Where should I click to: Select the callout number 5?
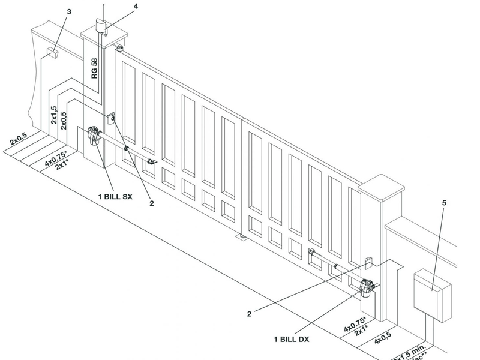point(444,203)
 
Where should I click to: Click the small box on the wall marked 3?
point(53,53)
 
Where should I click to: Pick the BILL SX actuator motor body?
point(95,136)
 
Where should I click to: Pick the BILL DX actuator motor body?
point(367,288)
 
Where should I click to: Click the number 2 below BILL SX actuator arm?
point(152,203)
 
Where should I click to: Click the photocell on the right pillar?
point(368,263)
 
